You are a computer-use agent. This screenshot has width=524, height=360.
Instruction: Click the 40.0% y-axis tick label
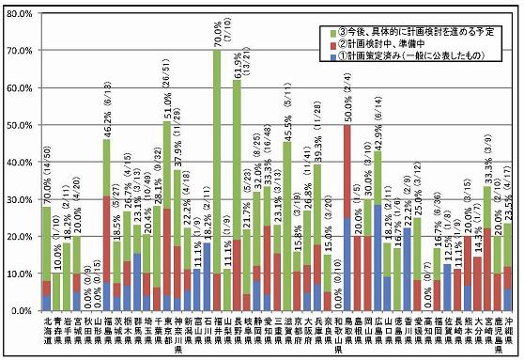(x=21, y=161)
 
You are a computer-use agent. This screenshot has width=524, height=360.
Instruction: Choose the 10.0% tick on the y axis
(x=21, y=273)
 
